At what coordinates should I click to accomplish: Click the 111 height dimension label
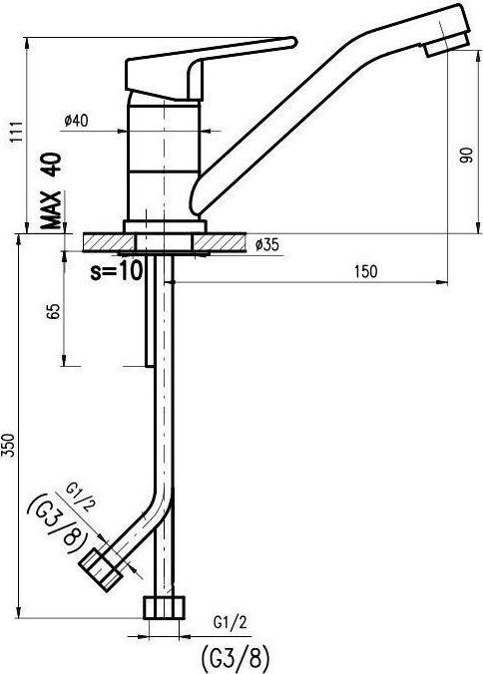[16, 134]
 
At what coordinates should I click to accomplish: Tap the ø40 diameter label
[76, 121]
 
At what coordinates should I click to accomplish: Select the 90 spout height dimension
[466, 156]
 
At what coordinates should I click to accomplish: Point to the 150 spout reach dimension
[366, 271]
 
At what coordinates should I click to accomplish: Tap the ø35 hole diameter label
[267, 245]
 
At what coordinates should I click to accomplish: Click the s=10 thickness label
[116, 271]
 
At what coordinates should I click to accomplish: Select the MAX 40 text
[51, 190]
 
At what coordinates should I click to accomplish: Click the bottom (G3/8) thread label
[236, 655]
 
